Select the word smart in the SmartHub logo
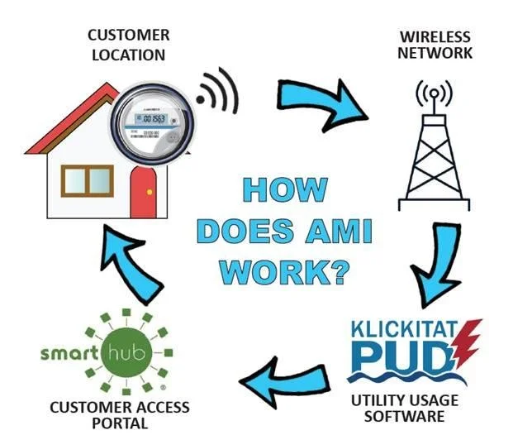(69, 356)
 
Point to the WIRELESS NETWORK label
(436, 45)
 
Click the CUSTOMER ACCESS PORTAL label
(120, 415)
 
